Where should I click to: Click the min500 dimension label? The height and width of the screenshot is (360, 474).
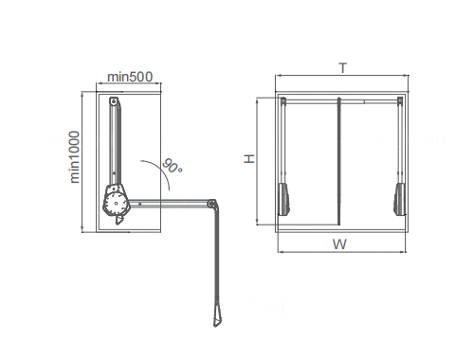(130, 77)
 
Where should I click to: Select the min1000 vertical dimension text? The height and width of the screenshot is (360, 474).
(75, 157)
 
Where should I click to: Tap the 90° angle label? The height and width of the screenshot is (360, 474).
(173, 166)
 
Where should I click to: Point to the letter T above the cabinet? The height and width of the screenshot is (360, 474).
(343, 68)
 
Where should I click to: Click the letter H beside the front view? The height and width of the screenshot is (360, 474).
(249, 158)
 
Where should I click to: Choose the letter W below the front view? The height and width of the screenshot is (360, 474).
(339, 244)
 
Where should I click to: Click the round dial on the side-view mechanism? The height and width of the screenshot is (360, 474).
(116, 203)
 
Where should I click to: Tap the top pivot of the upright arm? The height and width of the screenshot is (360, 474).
(114, 101)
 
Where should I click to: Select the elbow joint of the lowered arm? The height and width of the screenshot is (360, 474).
(211, 204)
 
